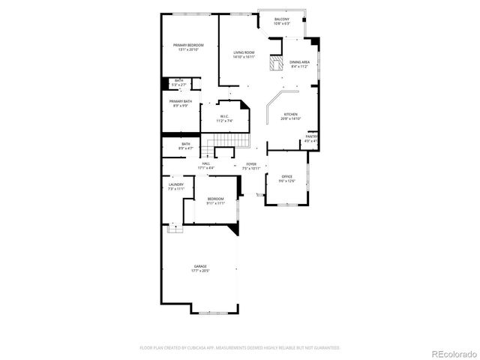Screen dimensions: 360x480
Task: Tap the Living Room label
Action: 244,52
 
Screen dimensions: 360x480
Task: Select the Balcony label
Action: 282,19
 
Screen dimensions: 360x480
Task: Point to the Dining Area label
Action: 300,62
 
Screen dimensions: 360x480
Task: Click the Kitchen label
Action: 291,115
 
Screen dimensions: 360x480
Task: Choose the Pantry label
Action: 311,136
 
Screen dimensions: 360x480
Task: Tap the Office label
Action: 287,176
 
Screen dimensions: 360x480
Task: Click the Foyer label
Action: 251,163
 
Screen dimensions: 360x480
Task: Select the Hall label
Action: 205,163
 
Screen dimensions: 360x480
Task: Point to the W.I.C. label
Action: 224,116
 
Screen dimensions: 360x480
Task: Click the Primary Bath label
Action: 181,101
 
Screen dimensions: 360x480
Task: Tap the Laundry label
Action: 176,184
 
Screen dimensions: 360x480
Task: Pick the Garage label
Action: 201,266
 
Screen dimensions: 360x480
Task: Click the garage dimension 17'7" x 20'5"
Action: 201,271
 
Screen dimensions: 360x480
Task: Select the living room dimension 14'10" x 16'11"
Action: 244,56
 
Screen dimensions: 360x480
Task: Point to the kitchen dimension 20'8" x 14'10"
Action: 291,119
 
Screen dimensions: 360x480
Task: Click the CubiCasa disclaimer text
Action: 240,348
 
